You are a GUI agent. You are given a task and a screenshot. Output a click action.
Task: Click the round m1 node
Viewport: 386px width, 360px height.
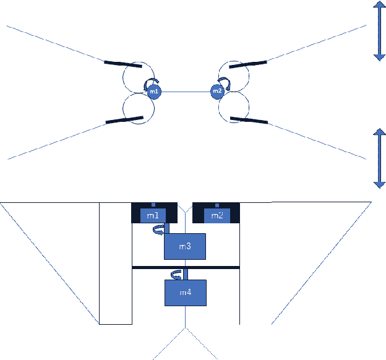[x=154, y=92]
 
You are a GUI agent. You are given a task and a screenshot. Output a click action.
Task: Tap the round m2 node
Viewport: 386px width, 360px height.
[x=217, y=92]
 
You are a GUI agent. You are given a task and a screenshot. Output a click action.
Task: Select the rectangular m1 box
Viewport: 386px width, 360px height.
[x=153, y=215]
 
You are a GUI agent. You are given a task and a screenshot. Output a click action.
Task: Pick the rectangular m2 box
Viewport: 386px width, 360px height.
[x=217, y=215]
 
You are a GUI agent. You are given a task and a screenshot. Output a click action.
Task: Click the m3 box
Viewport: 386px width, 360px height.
[x=184, y=246]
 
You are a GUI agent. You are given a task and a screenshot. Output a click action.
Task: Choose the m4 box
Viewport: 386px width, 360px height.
[x=184, y=292]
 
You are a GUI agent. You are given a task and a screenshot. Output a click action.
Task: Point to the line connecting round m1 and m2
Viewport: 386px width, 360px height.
[x=186, y=92]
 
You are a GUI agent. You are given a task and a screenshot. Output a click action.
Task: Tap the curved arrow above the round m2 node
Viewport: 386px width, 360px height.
[x=225, y=82]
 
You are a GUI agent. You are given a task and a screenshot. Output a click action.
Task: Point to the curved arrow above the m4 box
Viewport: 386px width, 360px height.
[x=176, y=274]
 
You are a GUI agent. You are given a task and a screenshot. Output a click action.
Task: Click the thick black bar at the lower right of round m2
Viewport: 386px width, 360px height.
[x=249, y=120]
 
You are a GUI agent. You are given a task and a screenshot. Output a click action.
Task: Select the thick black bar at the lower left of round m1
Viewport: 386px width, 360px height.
[x=124, y=120]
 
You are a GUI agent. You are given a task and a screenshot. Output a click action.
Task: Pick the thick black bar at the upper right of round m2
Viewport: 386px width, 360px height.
[x=247, y=62]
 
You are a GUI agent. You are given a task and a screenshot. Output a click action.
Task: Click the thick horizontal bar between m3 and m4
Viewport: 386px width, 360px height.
[x=186, y=268]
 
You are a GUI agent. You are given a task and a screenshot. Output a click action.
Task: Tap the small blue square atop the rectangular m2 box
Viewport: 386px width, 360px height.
[x=216, y=205]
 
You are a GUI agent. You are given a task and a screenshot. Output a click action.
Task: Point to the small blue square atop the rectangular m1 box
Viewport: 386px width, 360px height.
[x=153, y=205]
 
